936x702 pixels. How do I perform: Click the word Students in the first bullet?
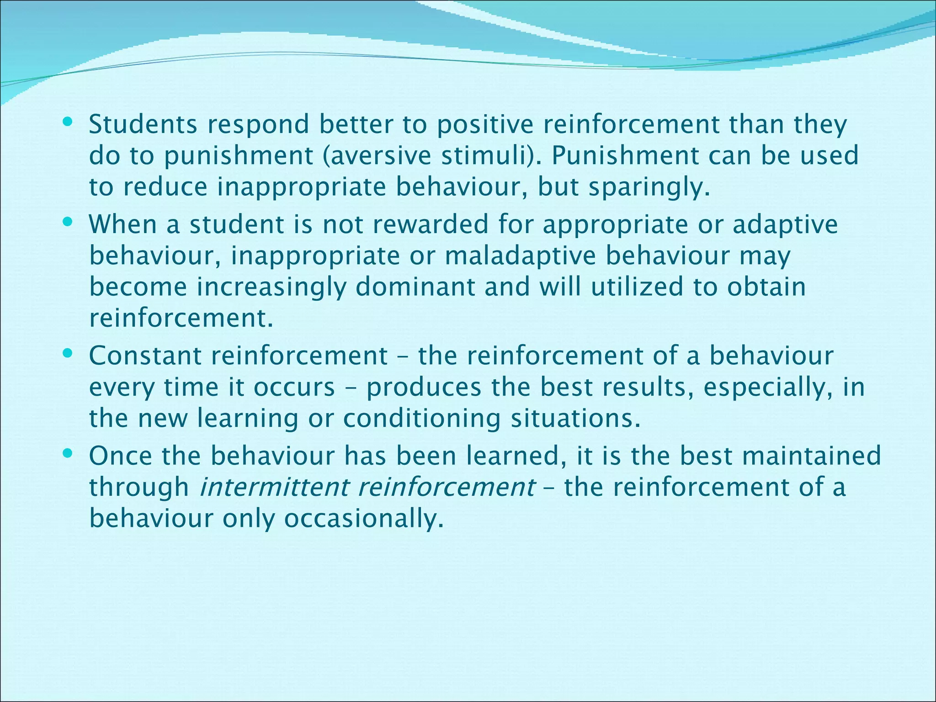[x=143, y=124]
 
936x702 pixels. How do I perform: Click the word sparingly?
[x=649, y=187]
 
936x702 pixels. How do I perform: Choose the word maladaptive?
[x=521, y=255]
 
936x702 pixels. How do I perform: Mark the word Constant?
[x=145, y=356]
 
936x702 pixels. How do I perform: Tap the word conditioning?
[x=422, y=419]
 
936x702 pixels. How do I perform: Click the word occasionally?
[x=364, y=518]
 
